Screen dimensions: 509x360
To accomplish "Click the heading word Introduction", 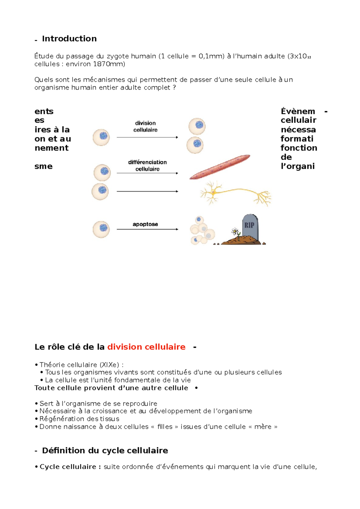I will tap(69, 39).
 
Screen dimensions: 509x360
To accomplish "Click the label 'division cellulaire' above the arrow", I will tap(145, 127).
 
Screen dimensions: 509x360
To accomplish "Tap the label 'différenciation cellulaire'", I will tap(147, 165).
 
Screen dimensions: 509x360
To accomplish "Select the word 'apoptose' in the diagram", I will tap(145, 224).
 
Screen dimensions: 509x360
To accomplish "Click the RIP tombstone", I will tap(250, 227).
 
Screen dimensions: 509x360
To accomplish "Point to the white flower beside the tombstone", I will tap(235, 232).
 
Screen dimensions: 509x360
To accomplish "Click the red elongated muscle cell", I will tap(220, 167).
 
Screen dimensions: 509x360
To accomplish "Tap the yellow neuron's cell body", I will tap(214, 192).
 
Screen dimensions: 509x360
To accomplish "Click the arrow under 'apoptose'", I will tap(147, 229).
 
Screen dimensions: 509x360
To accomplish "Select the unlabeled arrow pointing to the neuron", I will tap(147, 191).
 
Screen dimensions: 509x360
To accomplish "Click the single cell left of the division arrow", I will tap(101, 137).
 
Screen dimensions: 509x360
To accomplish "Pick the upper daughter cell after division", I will tap(197, 126).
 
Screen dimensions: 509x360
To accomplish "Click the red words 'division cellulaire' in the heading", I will tap(146, 347).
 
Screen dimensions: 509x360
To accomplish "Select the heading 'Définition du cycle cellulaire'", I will tap(105, 451).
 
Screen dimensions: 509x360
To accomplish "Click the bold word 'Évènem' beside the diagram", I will tap(298, 112).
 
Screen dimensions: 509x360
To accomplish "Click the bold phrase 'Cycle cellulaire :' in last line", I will tap(70, 467).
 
